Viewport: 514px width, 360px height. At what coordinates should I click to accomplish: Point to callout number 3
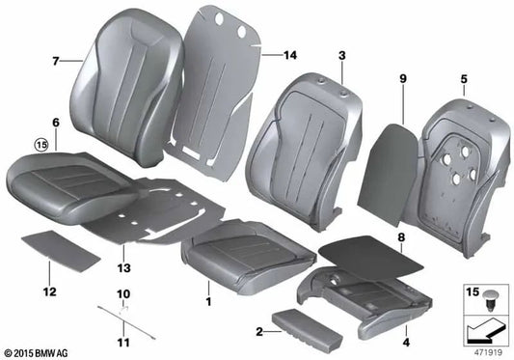point(341,59)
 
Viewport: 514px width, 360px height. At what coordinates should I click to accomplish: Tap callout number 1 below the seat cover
point(207,288)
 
